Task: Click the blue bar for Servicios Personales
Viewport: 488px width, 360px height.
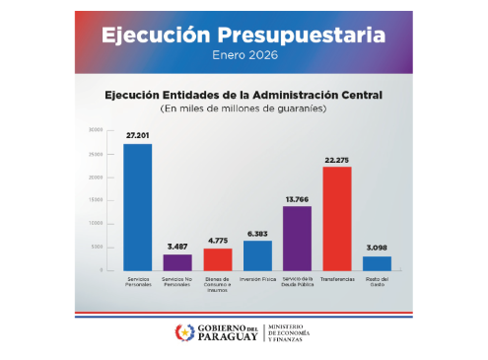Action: click(x=138, y=207)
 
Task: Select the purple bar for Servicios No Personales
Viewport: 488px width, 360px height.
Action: click(x=177, y=262)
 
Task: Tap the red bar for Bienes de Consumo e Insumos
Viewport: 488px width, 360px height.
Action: click(x=218, y=259)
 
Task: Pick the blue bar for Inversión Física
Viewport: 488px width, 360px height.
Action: click(x=257, y=255)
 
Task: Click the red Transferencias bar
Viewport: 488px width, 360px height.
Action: click(x=337, y=218)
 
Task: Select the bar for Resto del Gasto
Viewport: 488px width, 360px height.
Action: click(x=377, y=263)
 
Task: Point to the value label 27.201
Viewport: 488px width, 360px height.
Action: click(x=137, y=134)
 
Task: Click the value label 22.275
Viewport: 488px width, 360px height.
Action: click(x=337, y=158)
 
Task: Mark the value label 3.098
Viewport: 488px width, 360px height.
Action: click(x=377, y=248)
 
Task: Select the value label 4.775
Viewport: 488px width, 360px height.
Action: click(x=218, y=240)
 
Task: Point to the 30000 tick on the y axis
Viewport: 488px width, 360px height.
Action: click(x=96, y=130)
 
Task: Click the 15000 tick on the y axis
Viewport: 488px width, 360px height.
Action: click(x=96, y=200)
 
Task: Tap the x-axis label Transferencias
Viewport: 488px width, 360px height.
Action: click(x=337, y=280)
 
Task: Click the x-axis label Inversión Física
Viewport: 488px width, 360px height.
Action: click(x=257, y=280)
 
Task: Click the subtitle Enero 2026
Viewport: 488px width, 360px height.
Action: click(x=244, y=56)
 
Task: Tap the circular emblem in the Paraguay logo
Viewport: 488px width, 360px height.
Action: click(x=184, y=332)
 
